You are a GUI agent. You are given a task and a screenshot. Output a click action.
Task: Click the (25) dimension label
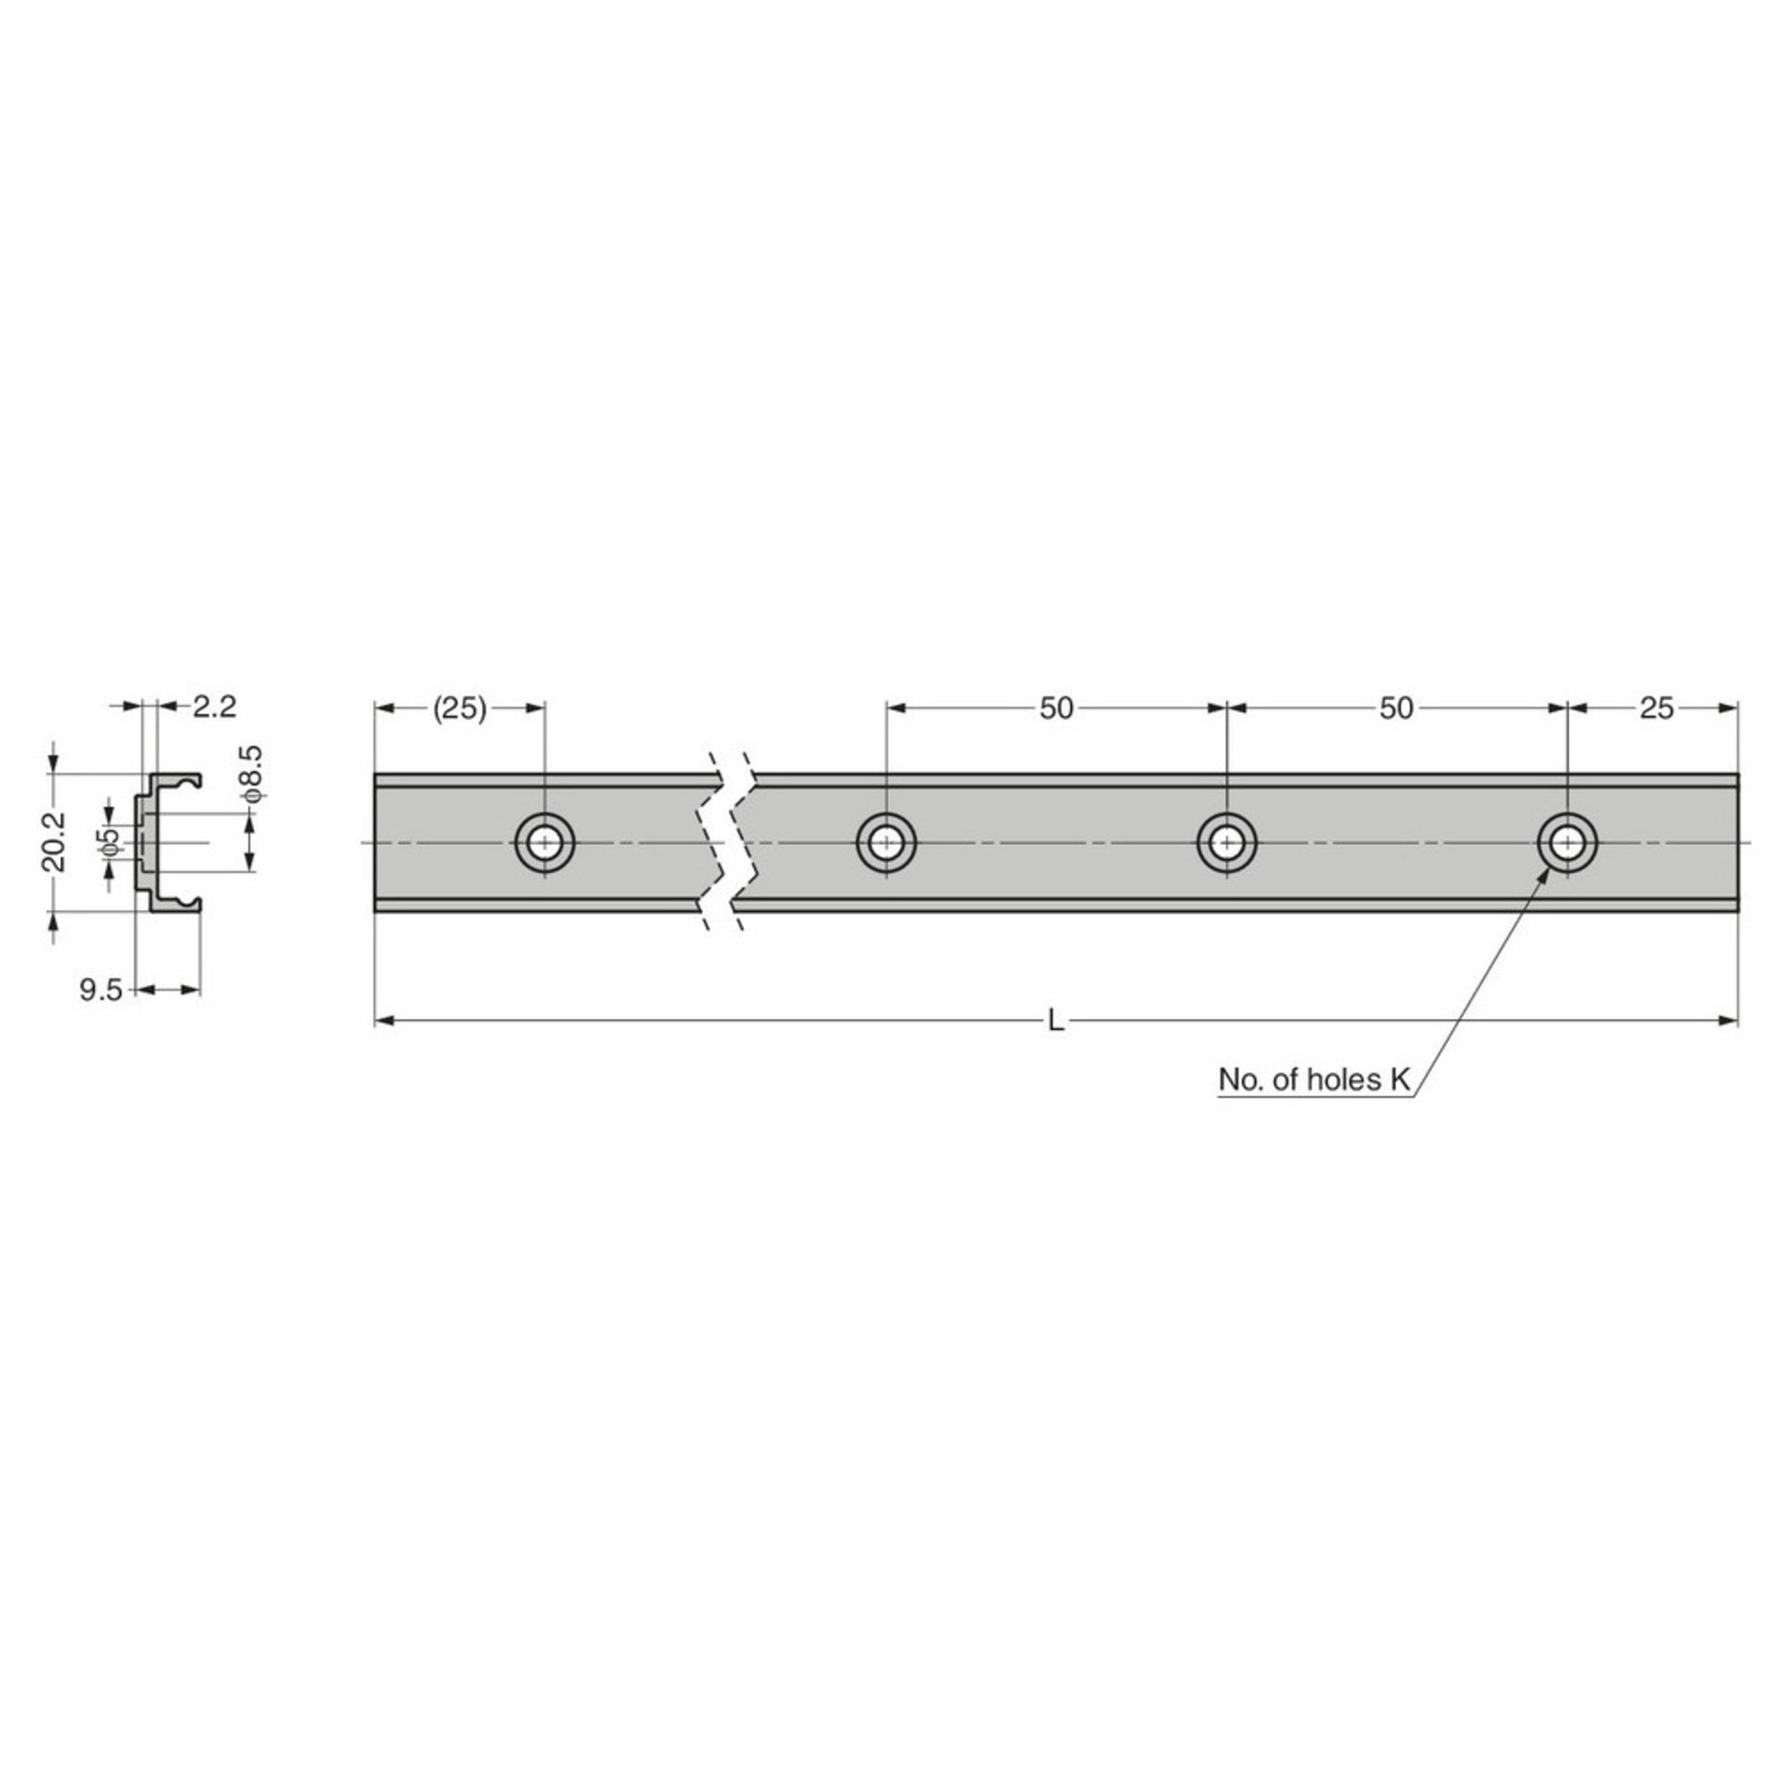click(460, 709)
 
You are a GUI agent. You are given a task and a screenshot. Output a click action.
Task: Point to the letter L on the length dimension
click(1055, 1022)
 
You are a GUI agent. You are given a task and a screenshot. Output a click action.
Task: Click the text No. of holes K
click(1315, 1080)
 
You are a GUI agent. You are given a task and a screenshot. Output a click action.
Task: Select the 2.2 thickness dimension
click(215, 706)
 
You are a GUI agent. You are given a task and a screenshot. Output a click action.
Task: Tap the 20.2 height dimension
click(55, 840)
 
